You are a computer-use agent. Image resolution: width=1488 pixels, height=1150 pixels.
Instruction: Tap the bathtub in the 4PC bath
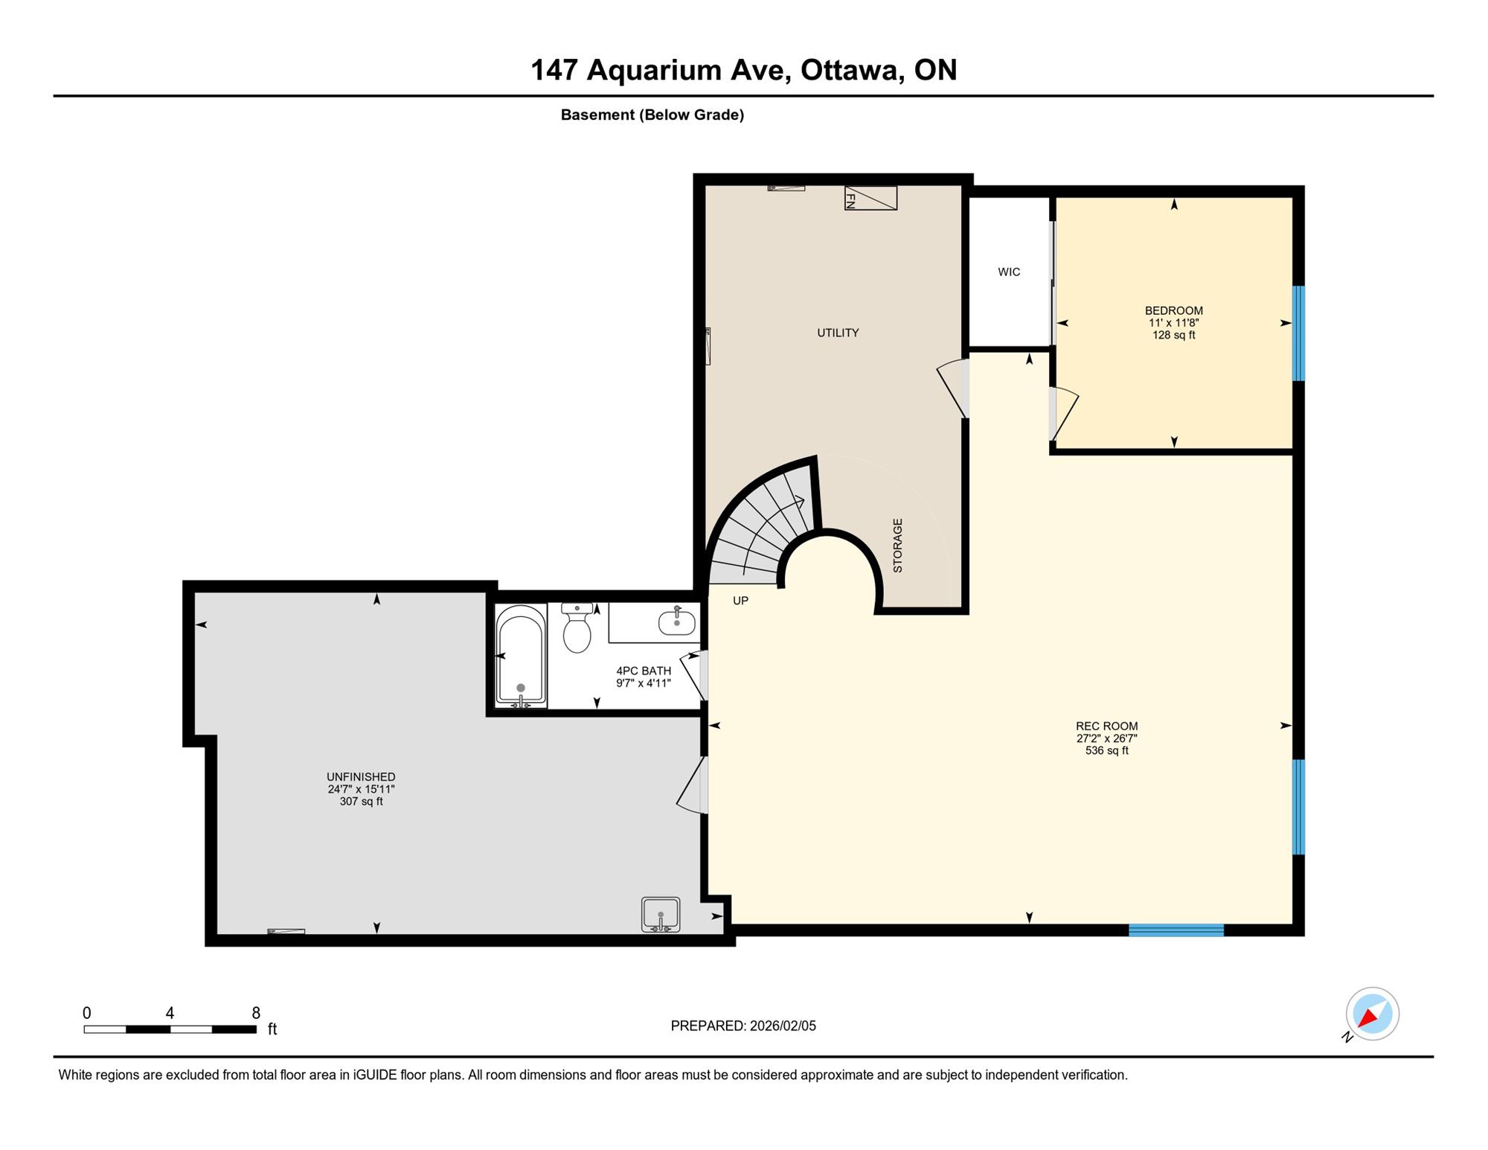coord(521,656)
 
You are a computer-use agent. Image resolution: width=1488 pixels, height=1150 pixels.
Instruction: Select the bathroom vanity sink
coord(676,622)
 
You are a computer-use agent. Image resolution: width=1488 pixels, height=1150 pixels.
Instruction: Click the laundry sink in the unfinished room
coord(661,914)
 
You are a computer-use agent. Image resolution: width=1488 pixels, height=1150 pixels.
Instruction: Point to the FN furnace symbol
coord(870,198)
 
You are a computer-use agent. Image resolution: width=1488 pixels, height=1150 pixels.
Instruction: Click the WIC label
coord(1009,272)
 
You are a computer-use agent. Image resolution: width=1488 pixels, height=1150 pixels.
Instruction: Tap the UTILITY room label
coord(838,333)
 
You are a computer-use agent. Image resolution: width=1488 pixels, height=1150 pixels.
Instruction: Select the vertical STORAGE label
coord(897,546)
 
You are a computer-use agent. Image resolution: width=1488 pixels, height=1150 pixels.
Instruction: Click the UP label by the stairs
coord(740,601)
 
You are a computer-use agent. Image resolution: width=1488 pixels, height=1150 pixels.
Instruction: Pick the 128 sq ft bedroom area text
coord(1174,335)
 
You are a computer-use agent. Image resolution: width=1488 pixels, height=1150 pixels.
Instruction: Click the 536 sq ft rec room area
coord(1107,750)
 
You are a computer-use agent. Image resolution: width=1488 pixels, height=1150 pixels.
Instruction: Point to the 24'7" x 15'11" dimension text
coord(362,789)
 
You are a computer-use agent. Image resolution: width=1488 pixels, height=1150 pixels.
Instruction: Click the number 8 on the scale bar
coord(256,1013)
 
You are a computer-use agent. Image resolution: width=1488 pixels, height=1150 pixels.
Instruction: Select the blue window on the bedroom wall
coord(1299,333)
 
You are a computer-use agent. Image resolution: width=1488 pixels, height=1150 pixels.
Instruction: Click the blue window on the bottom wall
coord(1176,930)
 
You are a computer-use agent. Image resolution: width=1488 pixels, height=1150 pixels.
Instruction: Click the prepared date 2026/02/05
coord(783,1026)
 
